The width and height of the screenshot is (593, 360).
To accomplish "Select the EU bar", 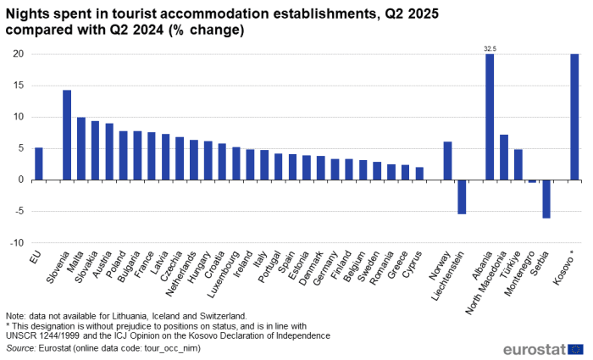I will click(39, 163).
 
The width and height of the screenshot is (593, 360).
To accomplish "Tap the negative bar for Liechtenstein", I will click(462, 197).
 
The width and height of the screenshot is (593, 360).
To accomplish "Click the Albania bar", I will click(490, 117).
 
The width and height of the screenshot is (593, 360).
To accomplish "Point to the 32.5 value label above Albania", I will click(490, 49).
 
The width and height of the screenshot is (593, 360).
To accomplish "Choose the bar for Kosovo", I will click(574, 117).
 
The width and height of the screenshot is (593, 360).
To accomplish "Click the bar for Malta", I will click(81, 148).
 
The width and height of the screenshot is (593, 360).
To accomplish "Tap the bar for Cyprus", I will click(419, 174).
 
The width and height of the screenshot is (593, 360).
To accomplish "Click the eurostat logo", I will click(542, 348).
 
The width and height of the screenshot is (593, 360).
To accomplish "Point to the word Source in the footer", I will click(20, 347).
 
